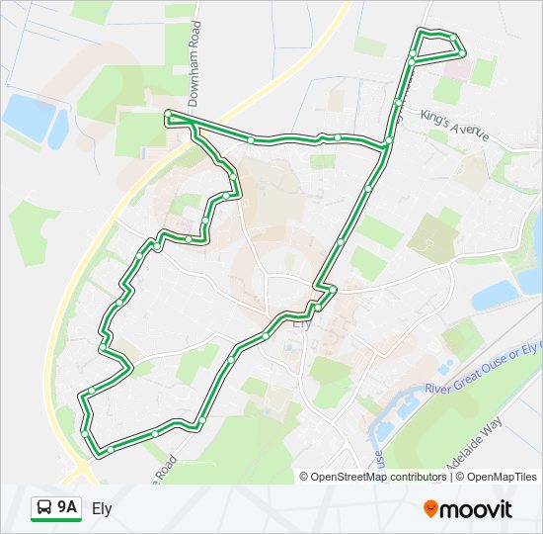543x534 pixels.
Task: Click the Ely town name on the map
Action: pyautogui.click(x=302, y=321)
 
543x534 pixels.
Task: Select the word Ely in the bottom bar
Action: pyautogui.click(x=103, y=509)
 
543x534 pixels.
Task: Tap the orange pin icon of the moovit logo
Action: pyautogui.click(x=431, y=508)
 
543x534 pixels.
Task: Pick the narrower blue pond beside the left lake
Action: pyautogui.click(x=58, y=128)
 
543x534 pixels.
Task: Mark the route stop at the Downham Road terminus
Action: pyautogui.click(x=171, y=120)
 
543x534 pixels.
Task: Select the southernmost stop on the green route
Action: pyautogui.click(x=111, y=450)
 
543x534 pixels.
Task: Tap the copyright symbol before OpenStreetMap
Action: pyautogui.click(x=304, y=477)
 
